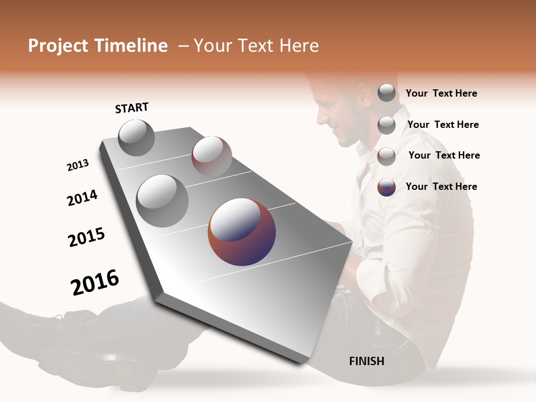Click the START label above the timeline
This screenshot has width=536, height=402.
(132, 108)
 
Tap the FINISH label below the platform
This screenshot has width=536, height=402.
(366, 361)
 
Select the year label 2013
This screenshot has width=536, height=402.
(78, 165)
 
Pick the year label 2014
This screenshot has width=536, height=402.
(82, 198)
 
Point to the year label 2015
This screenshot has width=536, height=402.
(87, 237)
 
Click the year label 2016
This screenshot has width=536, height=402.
(95, 283)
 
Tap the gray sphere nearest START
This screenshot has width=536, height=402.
(136, 138)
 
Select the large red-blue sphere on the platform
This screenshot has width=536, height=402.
(242, 232)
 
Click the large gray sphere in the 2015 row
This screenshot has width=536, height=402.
(162, 200)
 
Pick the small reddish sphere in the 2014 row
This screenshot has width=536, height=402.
(212, 155)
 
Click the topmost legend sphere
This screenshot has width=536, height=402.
(386, 93)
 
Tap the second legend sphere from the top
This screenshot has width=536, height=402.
(386, 125)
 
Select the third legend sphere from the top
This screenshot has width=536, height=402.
(386, 156)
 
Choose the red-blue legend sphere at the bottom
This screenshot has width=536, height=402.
(386, 187)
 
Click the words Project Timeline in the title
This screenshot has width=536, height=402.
(98, 46)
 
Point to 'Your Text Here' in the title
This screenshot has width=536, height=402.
(256, 46)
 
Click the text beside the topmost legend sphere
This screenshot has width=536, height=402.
(441, 93)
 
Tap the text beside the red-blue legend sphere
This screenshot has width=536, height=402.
(441, 186)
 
